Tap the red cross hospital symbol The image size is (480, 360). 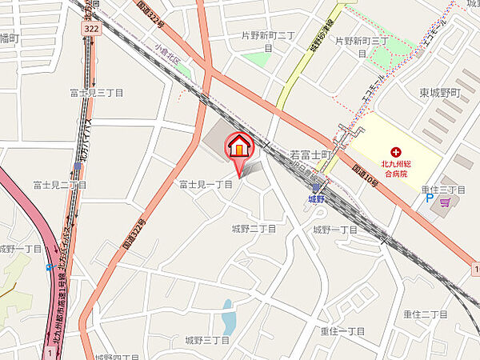tap(394, 152)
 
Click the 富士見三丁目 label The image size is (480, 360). tap(97, 93)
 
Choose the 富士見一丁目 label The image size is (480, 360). tap(205, 184)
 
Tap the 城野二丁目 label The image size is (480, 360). tap(254, 229)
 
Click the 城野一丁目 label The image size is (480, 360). tap(334, 229)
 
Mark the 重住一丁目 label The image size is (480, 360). tap(342, 330)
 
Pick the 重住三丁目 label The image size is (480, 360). tap(443, 190)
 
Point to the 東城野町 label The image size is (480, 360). tap(440, 93)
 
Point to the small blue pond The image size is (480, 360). tap(228, 317)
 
